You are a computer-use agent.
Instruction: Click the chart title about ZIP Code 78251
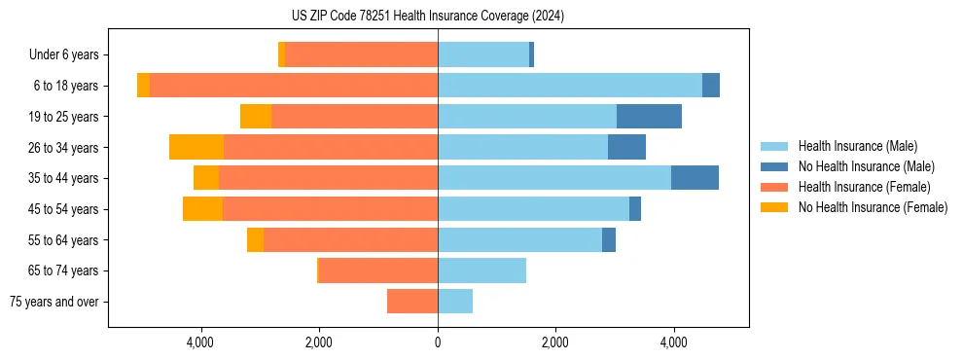428,17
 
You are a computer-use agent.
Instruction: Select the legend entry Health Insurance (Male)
857,146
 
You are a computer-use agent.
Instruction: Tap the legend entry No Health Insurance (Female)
873,207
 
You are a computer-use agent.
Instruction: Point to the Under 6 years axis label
63,55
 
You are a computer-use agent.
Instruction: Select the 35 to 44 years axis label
64,178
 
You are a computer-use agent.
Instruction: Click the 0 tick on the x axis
438,342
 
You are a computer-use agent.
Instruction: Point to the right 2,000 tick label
555,342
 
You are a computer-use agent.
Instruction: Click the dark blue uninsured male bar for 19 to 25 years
649,117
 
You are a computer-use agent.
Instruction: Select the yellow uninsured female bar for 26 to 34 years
196,147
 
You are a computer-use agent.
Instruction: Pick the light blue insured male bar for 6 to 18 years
570,86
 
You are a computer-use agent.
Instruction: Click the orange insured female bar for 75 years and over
412,302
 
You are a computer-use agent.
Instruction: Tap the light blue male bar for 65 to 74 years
481,270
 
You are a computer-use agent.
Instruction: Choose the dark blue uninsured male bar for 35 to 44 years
695,178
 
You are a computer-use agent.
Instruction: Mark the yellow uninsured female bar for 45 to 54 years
202,209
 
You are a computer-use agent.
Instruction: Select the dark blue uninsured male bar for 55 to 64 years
609,239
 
